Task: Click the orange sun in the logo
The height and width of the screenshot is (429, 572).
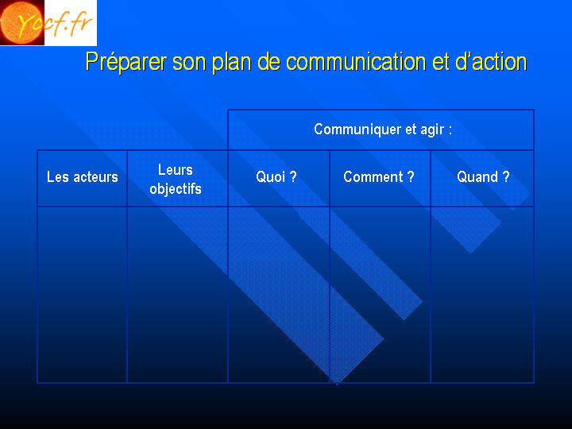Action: tap(22, 22)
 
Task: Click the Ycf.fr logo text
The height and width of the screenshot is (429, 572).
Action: tap(55, 24)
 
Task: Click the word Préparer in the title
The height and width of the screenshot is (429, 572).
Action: tap(126, 61)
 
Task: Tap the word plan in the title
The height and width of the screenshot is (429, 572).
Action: tap(231, 61)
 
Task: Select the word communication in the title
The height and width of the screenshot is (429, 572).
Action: tap(356, 61)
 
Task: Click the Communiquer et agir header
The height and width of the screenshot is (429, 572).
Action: tap(383, 129)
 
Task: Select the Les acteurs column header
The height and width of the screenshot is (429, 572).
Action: tap(83, 177)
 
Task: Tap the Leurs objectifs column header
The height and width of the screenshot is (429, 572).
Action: tap(176, 179)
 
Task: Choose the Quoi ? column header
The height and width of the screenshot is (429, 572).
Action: tap(276, 177)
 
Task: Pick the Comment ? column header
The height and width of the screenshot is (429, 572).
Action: tap(379, 177)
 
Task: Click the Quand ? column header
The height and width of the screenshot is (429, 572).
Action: tap(483, 177)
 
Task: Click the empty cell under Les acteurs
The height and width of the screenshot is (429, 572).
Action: tap(82, 295)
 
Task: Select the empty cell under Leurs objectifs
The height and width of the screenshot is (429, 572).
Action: tap(177, 295)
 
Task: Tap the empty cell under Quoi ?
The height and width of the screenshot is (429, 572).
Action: tap(279, 295)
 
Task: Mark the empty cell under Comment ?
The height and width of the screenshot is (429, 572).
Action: tap(380, 295)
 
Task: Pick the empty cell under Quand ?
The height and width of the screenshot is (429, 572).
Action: tap(482, 295)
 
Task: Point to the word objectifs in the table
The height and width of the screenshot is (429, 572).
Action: tap(176, 189)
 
